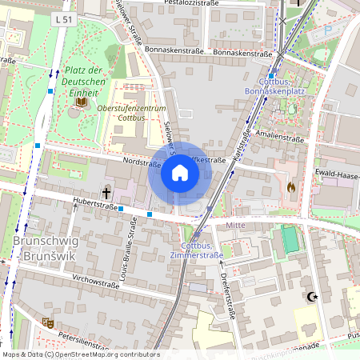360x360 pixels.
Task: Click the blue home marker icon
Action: point(180,173)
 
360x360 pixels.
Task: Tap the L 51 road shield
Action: point(64,18)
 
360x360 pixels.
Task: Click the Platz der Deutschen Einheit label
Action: point(85,82)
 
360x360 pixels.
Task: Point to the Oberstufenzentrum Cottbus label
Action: point(130,112)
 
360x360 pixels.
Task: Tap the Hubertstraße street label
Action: point(94,205)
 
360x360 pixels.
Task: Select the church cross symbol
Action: point(106,193)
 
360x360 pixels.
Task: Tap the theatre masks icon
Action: point(47,322)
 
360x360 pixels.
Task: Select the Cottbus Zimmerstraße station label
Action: point(196,250)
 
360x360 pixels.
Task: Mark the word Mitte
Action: point(235,226)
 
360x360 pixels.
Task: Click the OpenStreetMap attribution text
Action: point(80,354)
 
